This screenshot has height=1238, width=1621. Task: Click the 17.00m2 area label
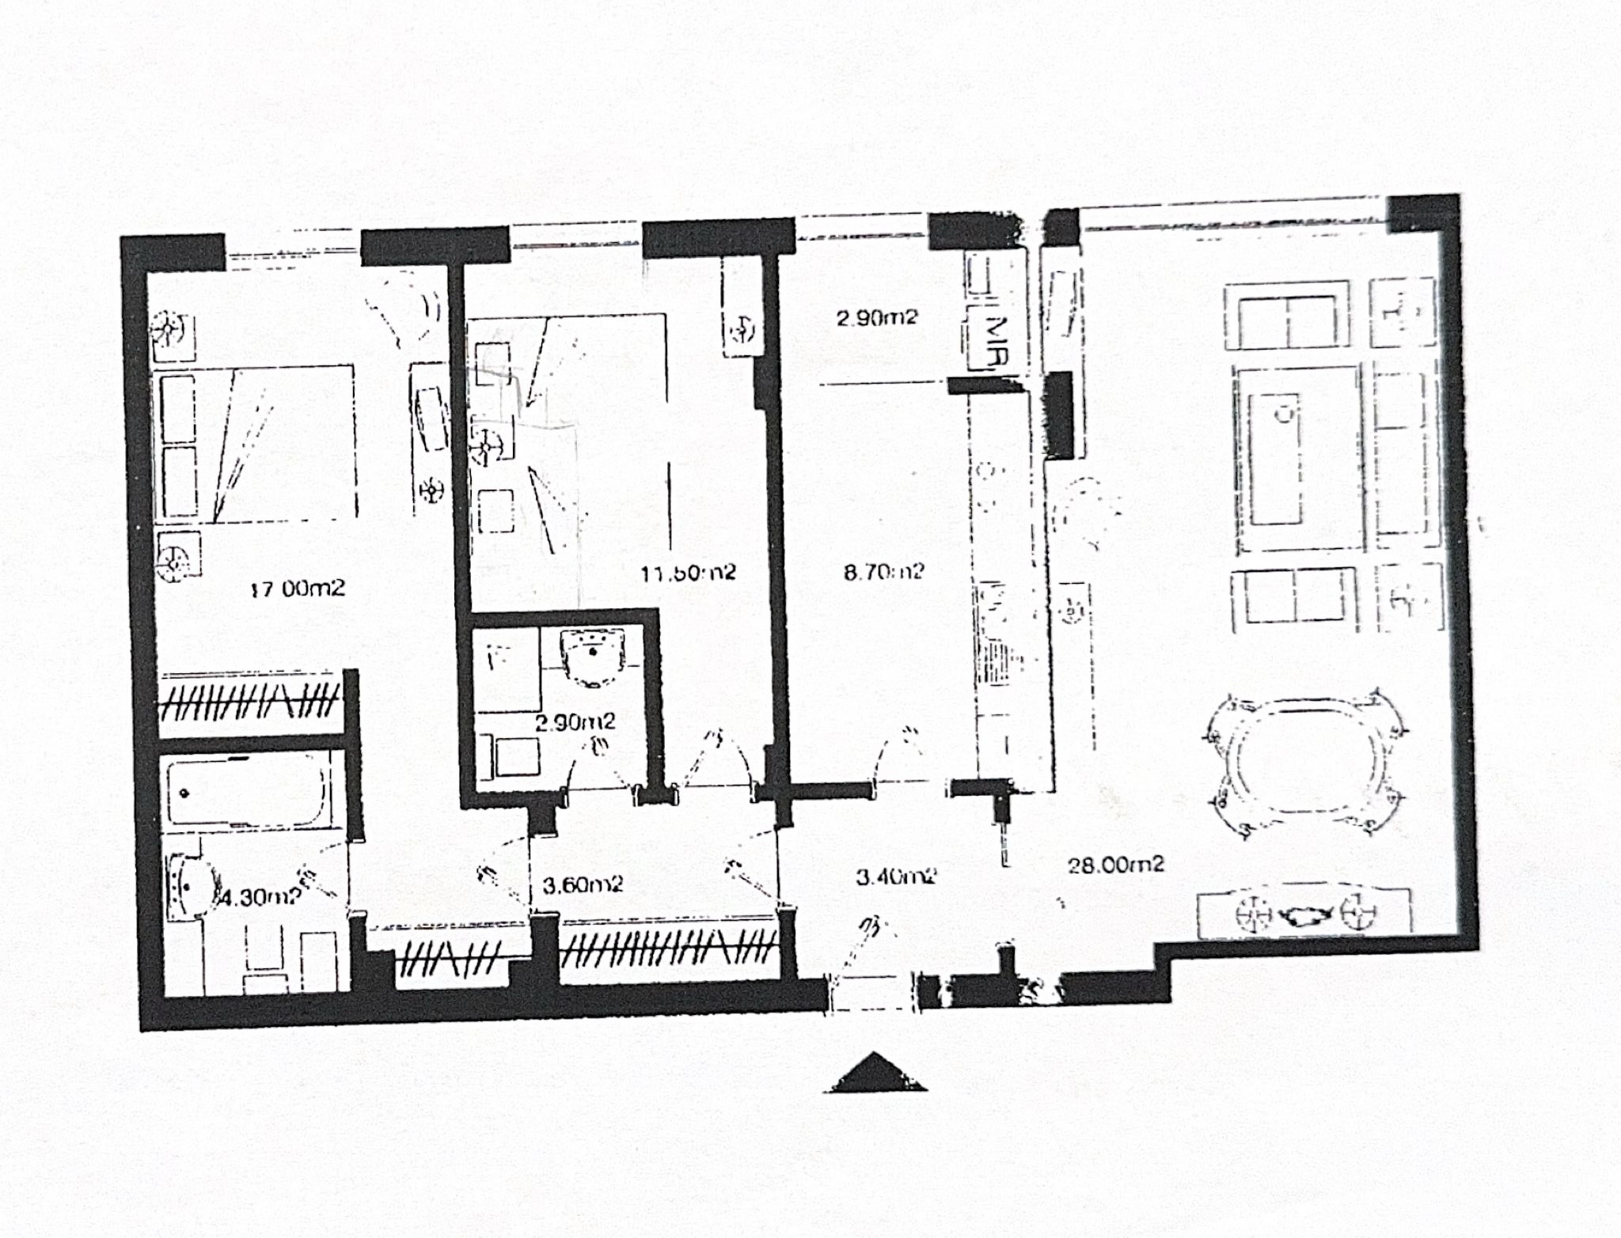point(298,589)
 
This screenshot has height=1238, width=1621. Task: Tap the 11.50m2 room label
point(688,572)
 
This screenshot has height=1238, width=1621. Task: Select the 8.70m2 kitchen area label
point(883,571)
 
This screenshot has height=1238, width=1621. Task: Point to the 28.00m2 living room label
point(1116,865)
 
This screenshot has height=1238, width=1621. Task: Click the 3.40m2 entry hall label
point(897,876)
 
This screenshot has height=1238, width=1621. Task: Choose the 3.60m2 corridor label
point(583,884)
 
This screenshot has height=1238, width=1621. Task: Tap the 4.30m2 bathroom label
point(260,897)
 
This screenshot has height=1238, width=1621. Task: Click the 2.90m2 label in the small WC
point(575,721)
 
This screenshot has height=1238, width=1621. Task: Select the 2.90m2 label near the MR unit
point(877,318)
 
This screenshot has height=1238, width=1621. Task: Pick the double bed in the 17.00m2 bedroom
point(253,443)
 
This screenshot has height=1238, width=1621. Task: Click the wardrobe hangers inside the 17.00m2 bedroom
point(250,700)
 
